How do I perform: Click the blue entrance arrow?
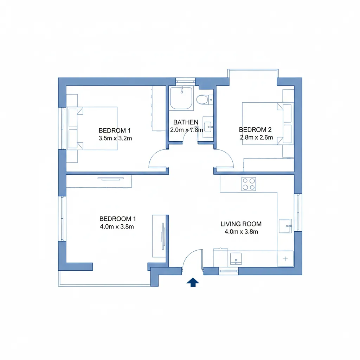pyautogui.click(x=193, y=282)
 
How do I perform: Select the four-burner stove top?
pyautogui.click(x=249, y=184)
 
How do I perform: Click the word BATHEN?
pyautogui.click(x=186, y=122)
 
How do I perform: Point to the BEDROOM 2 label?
pyautogui.click(x=255, y=130)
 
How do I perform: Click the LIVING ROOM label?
pyautogui.click(x=241, y=224)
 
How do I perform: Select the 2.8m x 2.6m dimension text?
pyautogui.click(x=256, y=137)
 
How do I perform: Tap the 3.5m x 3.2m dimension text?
pyautogui.click(x=115, y=138)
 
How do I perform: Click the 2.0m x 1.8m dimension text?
pyautogui.click(x=186, y=130)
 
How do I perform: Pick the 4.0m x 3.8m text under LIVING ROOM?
pyautogui.click(x=241, y=232)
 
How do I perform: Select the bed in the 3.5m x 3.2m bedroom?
pyautogui.click(x=92, y=128)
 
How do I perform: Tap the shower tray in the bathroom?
pyautogui.click(x=181, y=98)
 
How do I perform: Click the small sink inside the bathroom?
pyautogui.click(x=208, y=127)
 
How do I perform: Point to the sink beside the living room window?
pyautogui.click(x=285, y=226)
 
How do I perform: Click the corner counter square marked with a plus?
pyautogui.click(x=285, y=259)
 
